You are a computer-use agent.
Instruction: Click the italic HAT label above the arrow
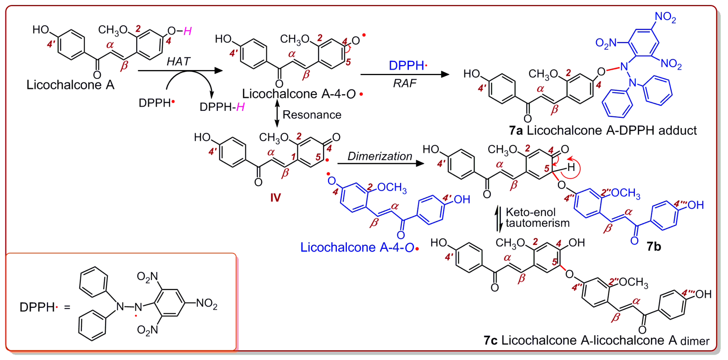[178, 61]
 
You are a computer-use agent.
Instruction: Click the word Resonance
[312, 115]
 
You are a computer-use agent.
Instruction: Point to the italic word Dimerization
[380, 156]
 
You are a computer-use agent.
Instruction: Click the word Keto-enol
[531, 212]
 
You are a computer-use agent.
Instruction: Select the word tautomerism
[537, 223]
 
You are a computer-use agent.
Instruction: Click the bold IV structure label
[275, 197]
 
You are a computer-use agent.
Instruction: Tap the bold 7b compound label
[654, 247]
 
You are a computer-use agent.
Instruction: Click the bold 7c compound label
[490, 340]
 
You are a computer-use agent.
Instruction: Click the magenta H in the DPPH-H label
[240, 107]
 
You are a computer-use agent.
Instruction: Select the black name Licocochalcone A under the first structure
[70, 85]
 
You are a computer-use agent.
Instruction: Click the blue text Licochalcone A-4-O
[357, 247]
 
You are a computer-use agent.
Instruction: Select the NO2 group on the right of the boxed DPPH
[207, 303]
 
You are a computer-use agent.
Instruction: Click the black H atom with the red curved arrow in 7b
[571, 167]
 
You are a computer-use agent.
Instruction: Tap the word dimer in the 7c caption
[695, 341]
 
